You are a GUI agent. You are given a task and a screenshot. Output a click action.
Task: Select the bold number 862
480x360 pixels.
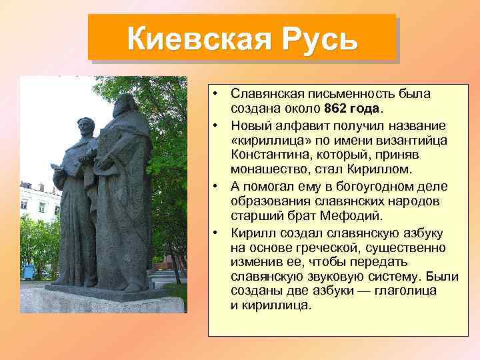click(337, 109)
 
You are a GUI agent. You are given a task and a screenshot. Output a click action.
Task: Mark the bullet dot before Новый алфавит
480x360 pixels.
click(217, 125)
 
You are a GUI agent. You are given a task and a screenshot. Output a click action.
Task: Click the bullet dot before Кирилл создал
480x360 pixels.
click(217, 231)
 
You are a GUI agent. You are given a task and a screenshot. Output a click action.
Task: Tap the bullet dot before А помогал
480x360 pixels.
click(217, 185)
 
